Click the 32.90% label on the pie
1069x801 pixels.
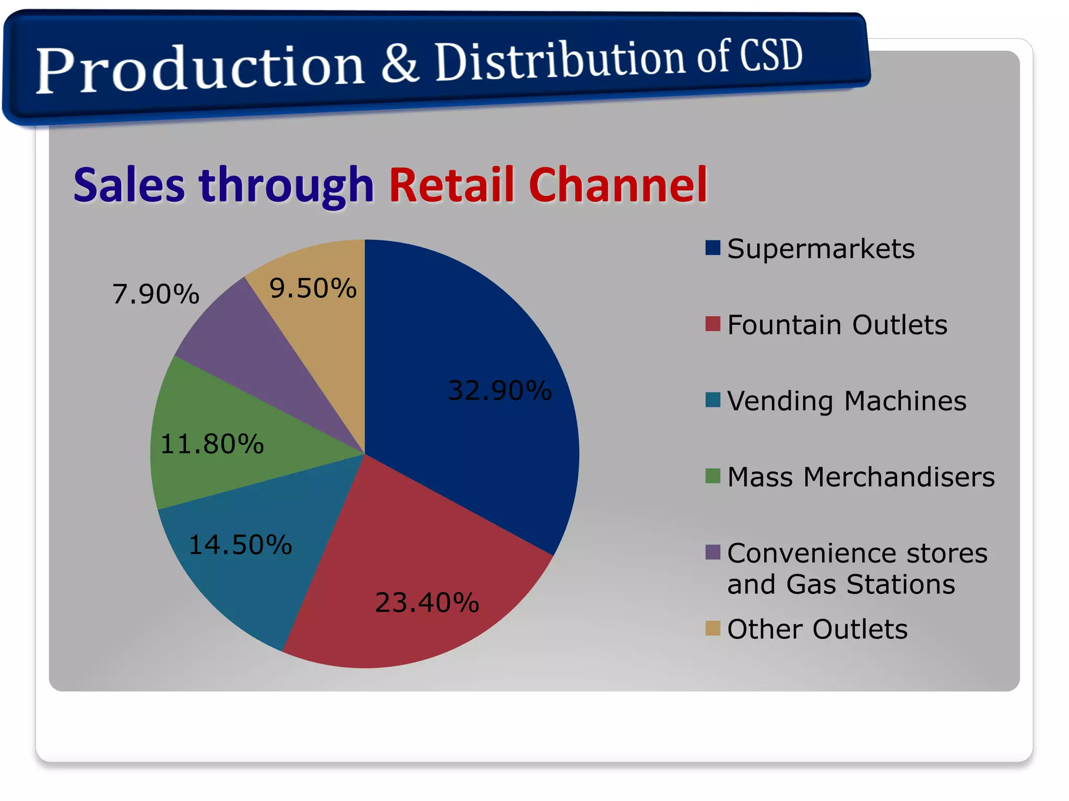pos(500,390)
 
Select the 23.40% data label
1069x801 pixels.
pos(426,602)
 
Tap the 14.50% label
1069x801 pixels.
pos(240,544)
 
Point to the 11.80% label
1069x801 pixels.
pos(212,444)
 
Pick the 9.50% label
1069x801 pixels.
pos(313,288)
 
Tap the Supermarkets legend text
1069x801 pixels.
pos(821,248)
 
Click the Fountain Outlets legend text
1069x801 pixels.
pos(837,324)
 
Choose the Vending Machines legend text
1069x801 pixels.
pos(846,400)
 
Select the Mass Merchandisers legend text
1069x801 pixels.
pos(861,477)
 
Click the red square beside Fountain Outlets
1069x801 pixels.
pos(712,324)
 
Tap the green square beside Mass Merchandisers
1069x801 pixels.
pos(712,476)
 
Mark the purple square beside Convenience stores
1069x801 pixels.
pos(712,552)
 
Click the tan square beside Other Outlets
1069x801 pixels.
pos(712,628)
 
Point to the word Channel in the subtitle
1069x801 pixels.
pos(617,185)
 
